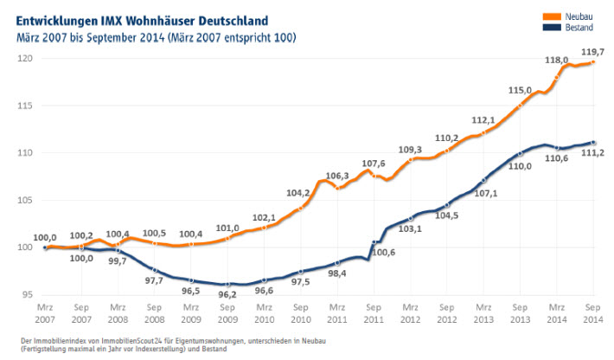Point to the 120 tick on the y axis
(x=24, y=58)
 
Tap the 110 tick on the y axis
(x=24, y=152)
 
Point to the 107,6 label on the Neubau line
(x=374, y=163)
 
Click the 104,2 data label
(x=297, y=194)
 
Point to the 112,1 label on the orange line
(x=483, y=120)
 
